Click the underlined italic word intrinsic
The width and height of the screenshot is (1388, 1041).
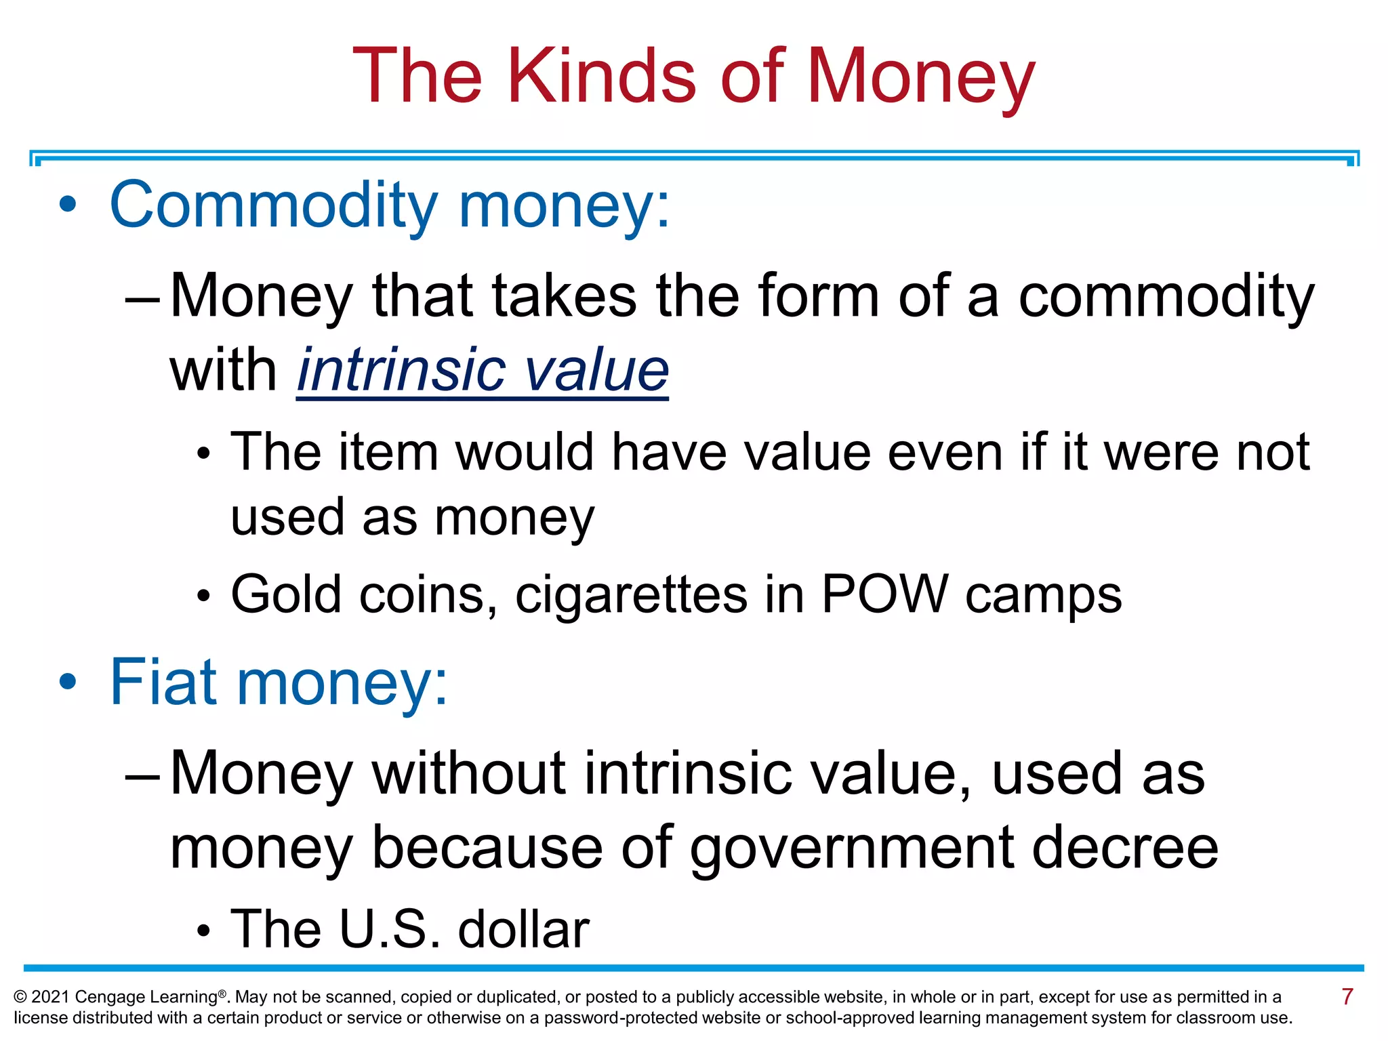click(400, 371)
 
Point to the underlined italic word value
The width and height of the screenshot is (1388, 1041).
click(596, 371)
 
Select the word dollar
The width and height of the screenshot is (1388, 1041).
click(523, 929)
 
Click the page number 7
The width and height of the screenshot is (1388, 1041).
click(1347, 997)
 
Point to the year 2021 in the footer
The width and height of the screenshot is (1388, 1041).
click(50, 997)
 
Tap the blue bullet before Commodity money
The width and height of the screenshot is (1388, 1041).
click(68, 205)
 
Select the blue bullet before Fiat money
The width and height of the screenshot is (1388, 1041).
click(68, 682)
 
